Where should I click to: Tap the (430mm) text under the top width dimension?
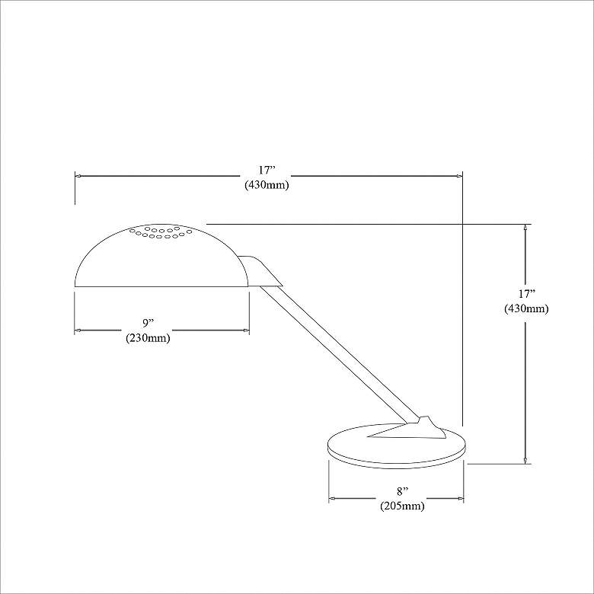click(267, 185)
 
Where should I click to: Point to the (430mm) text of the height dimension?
click(525, 308)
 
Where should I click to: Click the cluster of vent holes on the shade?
click(161, 232)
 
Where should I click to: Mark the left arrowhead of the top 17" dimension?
click(78, 177)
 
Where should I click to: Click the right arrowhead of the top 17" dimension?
click(459, 177)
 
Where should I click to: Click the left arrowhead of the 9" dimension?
click(78, 331)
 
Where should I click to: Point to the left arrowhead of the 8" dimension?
click(332, 500)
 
